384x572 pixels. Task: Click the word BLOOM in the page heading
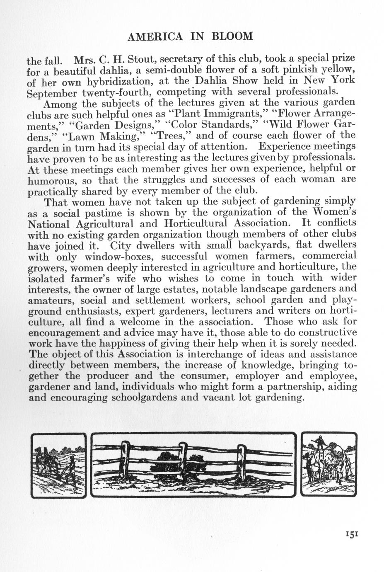point(232,36)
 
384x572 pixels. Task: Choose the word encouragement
point(69,333)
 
